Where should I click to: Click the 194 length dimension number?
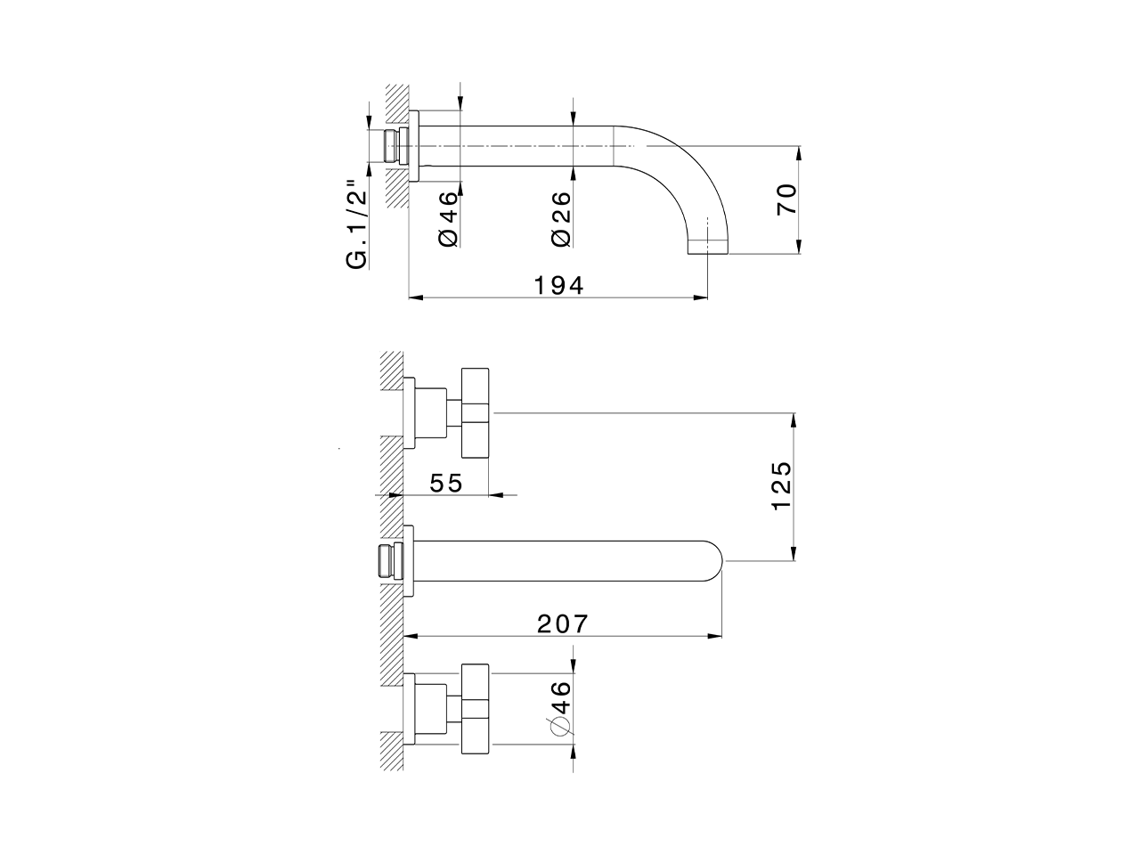pos(558,285)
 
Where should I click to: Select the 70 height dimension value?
pos(786,199)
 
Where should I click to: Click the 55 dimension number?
pos(446,483)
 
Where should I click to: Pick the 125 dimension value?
pos(781,485)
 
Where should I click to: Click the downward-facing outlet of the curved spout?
pos(710,248)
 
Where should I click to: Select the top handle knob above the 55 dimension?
pos(476,411)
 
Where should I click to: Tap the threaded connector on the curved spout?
pos(389,145)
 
